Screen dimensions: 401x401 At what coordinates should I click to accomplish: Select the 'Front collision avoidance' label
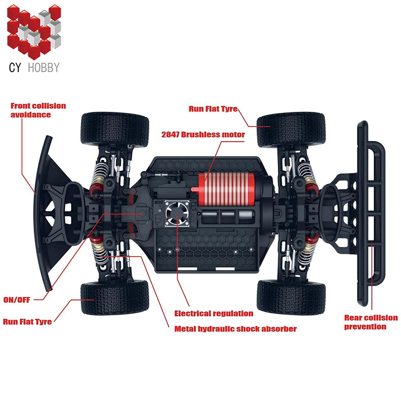(x=38, y=110)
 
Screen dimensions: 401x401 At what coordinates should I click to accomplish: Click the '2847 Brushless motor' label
(x=203, y=134)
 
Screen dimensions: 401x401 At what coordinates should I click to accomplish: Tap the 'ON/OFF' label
(x=17, y=300)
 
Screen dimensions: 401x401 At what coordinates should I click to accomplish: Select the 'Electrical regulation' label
(x=214, y=313)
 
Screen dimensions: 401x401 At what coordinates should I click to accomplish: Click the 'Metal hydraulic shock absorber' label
(x=235, y=329)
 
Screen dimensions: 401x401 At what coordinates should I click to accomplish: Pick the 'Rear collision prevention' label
(x=370, y=322)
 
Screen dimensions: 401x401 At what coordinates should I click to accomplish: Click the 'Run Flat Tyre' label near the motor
(x=213, y=108)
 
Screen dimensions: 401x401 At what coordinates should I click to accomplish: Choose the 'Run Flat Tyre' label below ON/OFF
(x=28, y=321)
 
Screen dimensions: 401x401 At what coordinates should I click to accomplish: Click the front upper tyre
(x=115, y=129)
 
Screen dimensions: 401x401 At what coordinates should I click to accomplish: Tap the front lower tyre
(x=115, y=297)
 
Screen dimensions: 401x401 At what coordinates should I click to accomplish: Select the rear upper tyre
(x=291, y=129)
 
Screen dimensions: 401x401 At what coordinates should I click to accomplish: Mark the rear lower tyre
(x=291, y=297)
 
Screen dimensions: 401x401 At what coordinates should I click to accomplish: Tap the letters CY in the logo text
(x=15, y=67)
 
